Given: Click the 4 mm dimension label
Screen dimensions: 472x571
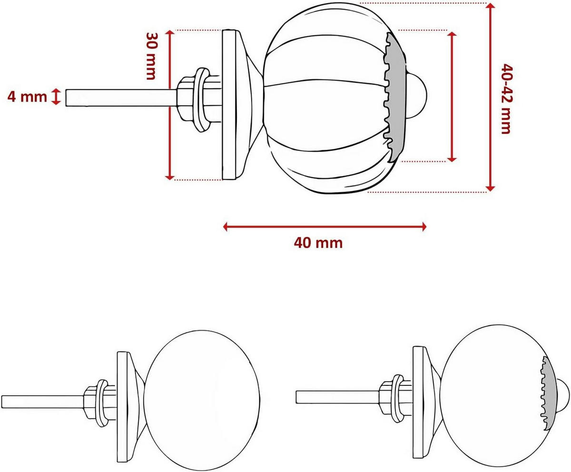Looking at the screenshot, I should pyautogui.click(x=27, y=97).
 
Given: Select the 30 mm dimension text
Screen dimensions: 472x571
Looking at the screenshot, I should pyautogui.click(x=151, y=56).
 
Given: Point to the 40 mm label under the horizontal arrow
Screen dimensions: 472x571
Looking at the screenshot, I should pyautogui.click(x=318, y=243).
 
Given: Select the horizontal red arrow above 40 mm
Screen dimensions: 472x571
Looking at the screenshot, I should pyautogui.click(x=325, y=226).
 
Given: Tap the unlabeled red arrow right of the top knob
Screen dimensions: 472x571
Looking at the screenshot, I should pyautogui.click(x=452, y=96).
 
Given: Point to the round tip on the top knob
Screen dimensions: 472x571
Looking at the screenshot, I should pyautogui.click(x=419, y=95).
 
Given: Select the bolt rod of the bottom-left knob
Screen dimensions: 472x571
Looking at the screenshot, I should pyautogui.click(x=43, y=401).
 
